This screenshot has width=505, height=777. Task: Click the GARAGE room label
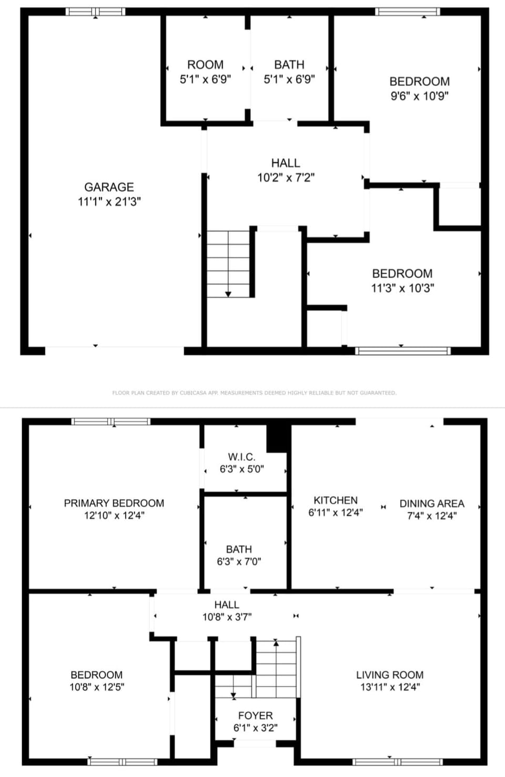click(x=109, y=187)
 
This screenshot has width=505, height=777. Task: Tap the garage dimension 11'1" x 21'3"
click(x=109, y=201)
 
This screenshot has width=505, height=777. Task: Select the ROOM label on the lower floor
click(x=205, y=65)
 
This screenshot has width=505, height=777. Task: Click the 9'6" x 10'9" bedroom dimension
click(x=419, y=96)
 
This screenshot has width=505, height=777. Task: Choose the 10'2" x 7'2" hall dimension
click(x=286, y=177)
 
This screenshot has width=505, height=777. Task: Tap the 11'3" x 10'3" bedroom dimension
click(x=402, y=288)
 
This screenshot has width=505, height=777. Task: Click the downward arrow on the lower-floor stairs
click(x=228, y=294)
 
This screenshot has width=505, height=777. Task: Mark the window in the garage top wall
click(x=95, y=11)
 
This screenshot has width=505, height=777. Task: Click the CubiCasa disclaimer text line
click(x=254, y=393)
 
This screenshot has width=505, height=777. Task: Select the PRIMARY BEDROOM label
click(x=114, y=503)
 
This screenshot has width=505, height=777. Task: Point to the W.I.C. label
click(x=241, y=457)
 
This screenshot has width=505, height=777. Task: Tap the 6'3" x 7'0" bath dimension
click(x=239, y=562)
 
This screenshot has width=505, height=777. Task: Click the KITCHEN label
click(x=336, y=500)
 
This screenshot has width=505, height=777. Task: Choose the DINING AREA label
click(x=432, y=503)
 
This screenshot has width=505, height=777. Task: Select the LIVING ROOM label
click(x=389, y=675)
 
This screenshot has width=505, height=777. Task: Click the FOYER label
click(x=255, y=715)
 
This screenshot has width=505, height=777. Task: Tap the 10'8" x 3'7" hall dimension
click(x=227, y=617)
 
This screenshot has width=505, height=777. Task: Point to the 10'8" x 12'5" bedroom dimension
click(x=97, y=687)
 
